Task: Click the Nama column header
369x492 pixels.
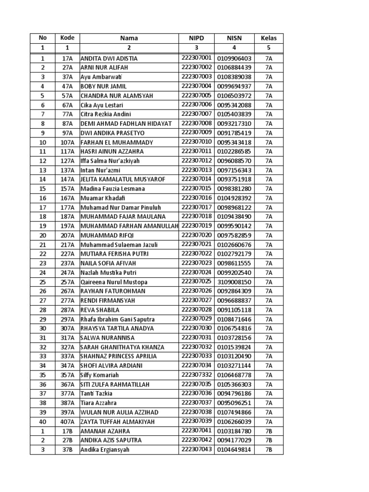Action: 129,38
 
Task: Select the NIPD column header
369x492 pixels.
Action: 196,38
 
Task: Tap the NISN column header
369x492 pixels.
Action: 234,38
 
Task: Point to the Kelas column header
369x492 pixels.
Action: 269,38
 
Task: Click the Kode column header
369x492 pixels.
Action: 67,38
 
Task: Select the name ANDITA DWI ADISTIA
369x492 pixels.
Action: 109,59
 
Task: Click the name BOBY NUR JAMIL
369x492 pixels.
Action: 104,86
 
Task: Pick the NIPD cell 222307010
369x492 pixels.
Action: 196,142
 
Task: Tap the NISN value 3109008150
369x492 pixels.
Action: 234,282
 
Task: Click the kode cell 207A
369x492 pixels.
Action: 67,235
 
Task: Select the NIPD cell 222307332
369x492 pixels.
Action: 196,375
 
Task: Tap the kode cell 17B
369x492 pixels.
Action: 67,431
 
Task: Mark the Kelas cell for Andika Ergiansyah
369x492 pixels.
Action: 269,450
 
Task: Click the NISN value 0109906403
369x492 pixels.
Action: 234,59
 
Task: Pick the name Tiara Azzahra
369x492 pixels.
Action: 98,403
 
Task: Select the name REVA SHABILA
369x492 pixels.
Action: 100,310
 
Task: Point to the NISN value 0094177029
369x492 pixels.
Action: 234,441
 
